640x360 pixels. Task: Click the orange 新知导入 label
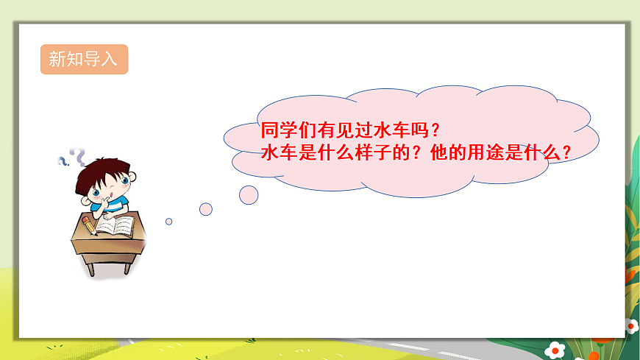click(x=83, y=60)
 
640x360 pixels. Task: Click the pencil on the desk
click(x=88, y=224)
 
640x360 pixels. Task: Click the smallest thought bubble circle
click(x=168, y=221)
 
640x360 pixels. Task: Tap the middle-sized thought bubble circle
click(x=206, y=209)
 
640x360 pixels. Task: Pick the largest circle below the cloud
click(x=249, y=194)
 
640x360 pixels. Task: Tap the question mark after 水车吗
click(x=435, y=131)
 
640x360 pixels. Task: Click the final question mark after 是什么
click(x=567, y=154)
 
